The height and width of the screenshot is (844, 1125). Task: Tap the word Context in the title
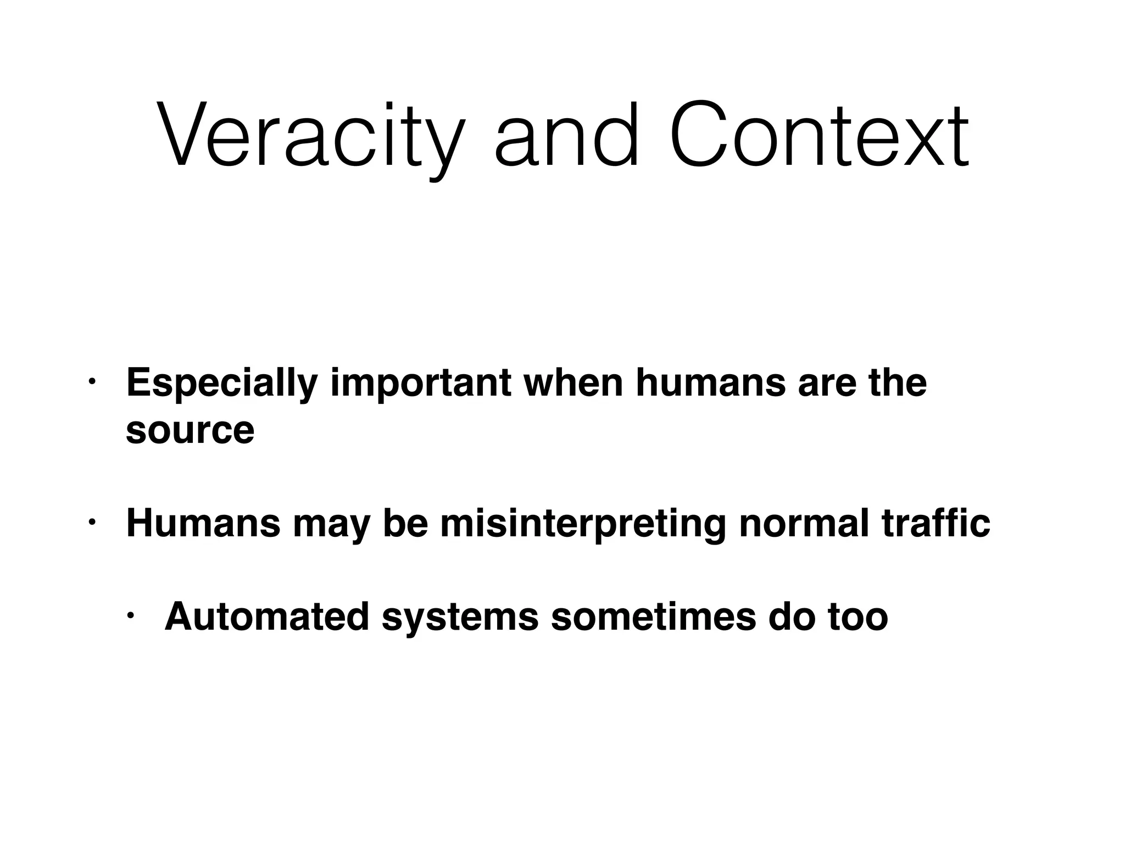point(818,135)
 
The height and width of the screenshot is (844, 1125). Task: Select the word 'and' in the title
point(566,135)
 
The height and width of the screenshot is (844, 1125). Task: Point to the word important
point(421,383)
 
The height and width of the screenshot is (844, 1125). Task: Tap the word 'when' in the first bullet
point(573,383)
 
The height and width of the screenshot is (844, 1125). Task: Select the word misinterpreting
point(583,523)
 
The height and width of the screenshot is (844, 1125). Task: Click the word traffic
point(936,523)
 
